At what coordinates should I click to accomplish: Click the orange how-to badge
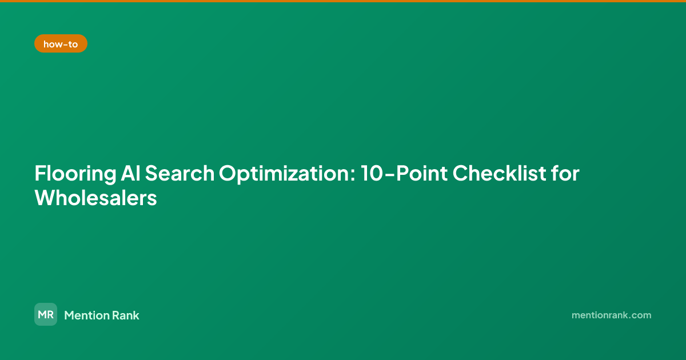61,43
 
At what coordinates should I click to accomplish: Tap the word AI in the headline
130,173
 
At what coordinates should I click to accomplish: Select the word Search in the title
180,173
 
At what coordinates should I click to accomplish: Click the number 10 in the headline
372,173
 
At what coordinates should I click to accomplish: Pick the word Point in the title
422,173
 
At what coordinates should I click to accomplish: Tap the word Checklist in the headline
500,173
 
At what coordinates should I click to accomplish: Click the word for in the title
565,173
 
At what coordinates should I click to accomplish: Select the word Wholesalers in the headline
96,198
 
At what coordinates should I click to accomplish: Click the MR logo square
46,314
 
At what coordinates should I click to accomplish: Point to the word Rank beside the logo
126,315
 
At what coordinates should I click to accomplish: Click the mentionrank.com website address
611,315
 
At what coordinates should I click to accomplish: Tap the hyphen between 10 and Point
389,175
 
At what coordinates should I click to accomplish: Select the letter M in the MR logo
42,314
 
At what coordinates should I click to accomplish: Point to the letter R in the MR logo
50,314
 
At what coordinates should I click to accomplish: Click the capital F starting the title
40,173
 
